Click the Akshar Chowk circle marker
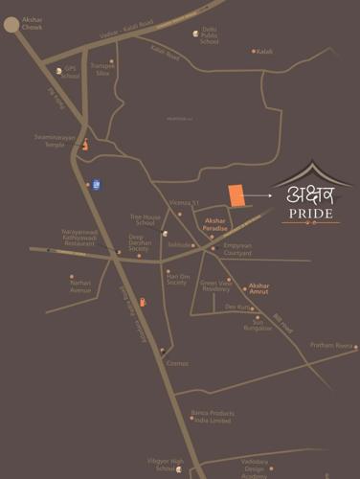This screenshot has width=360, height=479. [12, 26]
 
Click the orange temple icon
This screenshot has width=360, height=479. [85, 145]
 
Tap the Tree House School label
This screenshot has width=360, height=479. [144, 219]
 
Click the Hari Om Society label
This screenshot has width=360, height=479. [176, 279]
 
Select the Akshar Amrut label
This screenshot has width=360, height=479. [259, 288]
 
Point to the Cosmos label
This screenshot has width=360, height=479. [177, 363]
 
